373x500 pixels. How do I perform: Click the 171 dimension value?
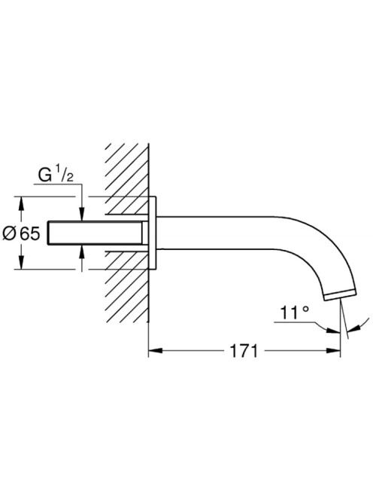tap(244, 351)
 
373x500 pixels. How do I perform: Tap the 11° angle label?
tap(295, 312)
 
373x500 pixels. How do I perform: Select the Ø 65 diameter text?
tap(21, 234)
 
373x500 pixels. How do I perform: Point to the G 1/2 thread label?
tap(56, 175)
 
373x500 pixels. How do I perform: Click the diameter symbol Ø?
tap(9, 234)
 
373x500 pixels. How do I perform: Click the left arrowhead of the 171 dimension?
tap(156, 351)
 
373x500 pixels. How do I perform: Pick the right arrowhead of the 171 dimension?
tap(333, 351)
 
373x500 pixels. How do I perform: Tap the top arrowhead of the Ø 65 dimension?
tap(21, 203)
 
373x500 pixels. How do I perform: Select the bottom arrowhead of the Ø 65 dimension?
tap(21, 262)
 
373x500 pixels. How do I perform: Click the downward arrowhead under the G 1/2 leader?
tap(82, 214)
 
